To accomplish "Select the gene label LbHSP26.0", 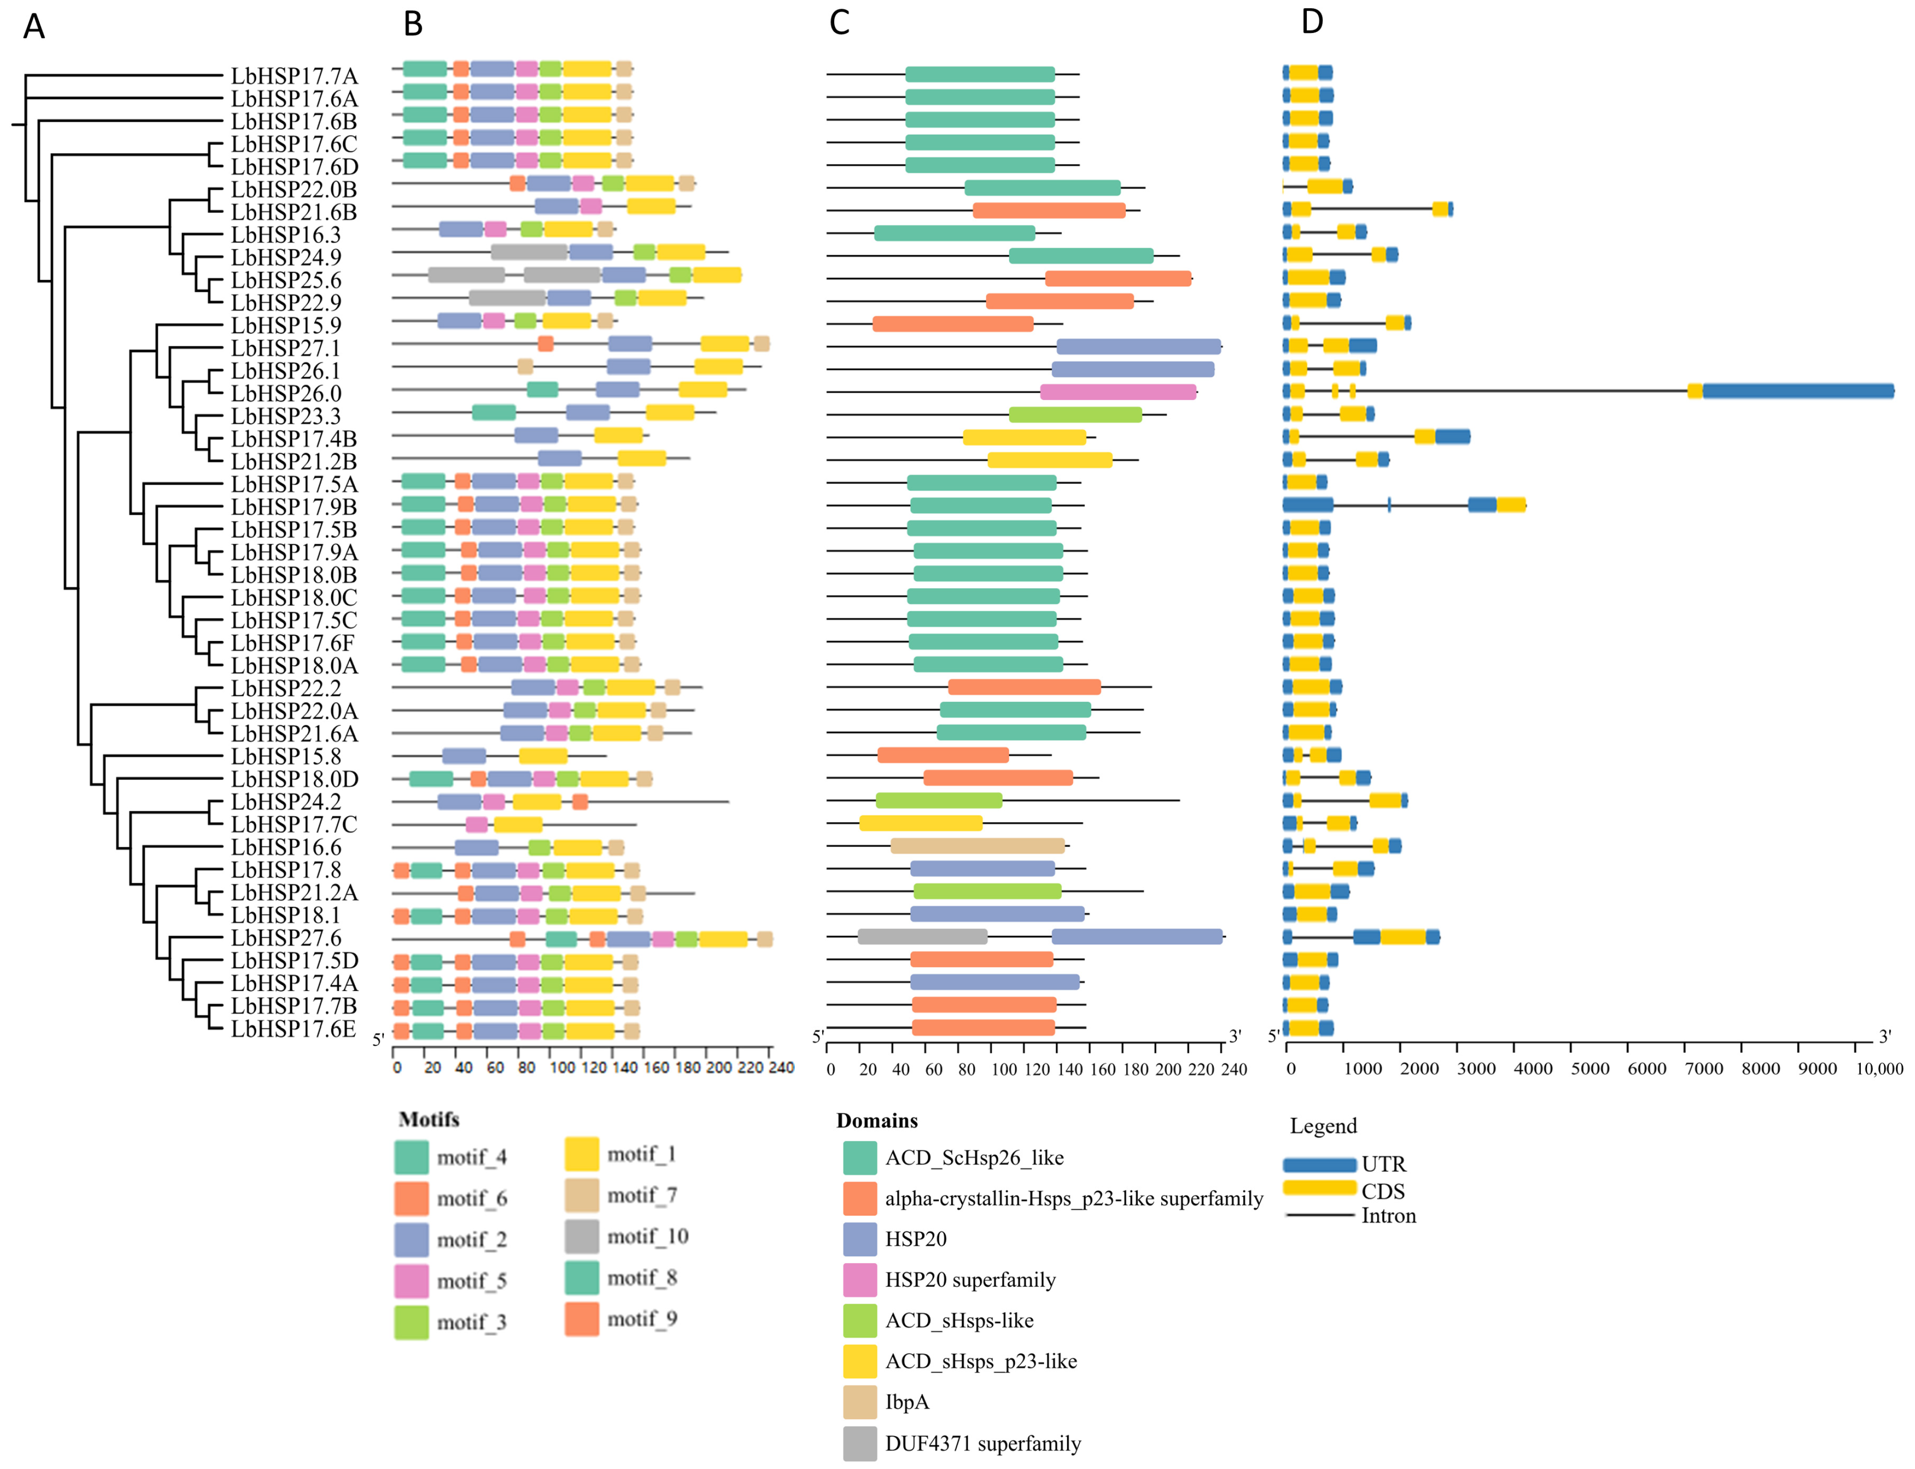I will click(286, 394).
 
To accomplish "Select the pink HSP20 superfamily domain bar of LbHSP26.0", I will click(1118, 392).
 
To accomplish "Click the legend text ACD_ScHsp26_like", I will click(974, 1158).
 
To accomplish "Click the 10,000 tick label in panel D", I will click(1878, 1069).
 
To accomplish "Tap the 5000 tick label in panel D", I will click(1590, 1069).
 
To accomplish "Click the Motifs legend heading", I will click(429, 1119).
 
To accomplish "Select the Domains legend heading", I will click(876, 1121).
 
